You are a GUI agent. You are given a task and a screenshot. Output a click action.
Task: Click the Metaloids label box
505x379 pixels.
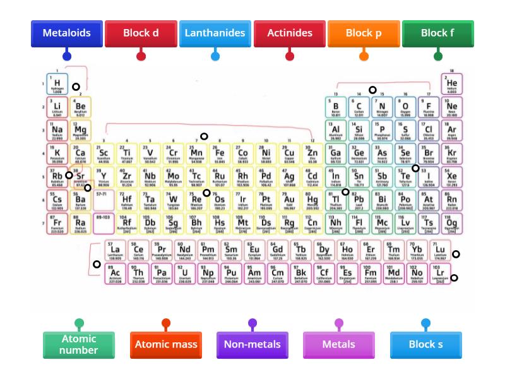click(66, 33)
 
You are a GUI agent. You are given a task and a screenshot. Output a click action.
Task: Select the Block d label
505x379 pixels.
click(141, 33)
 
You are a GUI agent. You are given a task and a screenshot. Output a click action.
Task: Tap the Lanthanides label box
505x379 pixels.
click(215, 33)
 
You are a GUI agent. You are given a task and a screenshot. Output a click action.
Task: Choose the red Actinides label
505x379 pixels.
click(290, 33)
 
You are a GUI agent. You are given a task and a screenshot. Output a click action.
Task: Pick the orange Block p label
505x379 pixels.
click(364, 33)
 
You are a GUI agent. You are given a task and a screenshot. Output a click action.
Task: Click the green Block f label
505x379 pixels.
click(437, 33)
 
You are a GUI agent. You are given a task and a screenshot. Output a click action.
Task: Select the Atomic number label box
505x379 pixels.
click(79, 345)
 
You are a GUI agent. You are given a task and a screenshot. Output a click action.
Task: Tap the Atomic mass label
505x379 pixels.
click(165, 345)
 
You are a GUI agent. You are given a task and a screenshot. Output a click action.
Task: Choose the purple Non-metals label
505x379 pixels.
click(252, 345)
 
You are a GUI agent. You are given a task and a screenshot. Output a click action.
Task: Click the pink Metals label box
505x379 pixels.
click(339, 345)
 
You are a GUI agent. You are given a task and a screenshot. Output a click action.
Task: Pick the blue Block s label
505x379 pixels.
click(425, 345)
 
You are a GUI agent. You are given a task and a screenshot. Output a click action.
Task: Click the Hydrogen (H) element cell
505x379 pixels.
click(57, 83)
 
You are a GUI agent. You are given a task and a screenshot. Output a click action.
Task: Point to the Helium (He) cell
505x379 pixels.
click(452, 83)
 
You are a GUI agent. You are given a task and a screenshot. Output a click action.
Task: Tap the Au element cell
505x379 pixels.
click(289, 200)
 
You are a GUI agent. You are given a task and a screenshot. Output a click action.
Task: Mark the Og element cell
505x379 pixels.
click(452, 224)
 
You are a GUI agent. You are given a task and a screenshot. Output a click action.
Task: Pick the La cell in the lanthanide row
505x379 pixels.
click(115, 251)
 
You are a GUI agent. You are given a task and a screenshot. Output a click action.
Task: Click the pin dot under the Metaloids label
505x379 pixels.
click(66, 56)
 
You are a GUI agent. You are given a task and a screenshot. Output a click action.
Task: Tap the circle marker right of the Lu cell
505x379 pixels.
click(456, 255)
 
